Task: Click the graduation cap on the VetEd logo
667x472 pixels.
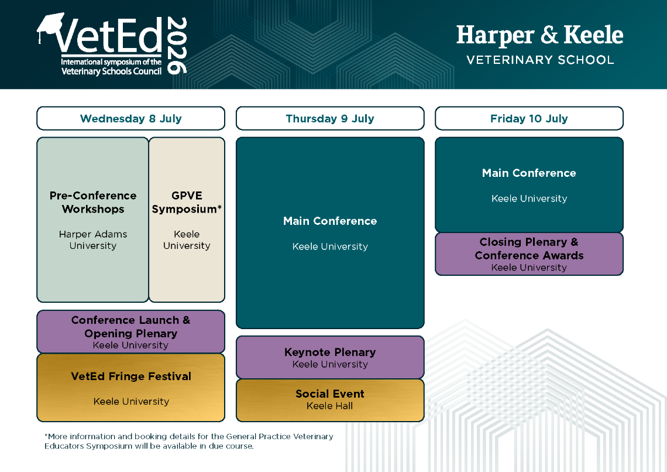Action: (50, 26)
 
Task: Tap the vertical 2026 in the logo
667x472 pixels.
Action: (177, 46)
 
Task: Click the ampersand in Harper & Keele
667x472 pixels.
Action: (549, 35)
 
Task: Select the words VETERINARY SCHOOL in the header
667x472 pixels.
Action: (540, 60)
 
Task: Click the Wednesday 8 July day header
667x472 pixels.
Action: (130, 118)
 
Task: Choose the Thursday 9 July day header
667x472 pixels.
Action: (330, 118)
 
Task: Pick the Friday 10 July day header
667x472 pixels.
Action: (529, 118)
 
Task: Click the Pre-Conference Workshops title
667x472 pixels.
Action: (92, 202)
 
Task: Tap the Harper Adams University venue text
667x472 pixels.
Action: (92, 240)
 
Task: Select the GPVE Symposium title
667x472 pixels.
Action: (187, 202)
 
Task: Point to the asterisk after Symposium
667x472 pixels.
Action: (219, 207)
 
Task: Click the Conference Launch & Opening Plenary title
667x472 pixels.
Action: (130, 326)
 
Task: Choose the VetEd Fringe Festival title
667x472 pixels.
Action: (131, 376)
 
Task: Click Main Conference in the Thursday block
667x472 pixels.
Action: (330, 221)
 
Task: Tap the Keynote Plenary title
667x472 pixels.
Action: (330, 352)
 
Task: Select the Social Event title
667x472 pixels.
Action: (330, 394)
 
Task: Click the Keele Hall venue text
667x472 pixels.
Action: (329, 406)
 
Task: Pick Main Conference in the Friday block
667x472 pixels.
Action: (529, 173)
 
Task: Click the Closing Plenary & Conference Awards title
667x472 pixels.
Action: (529, 248)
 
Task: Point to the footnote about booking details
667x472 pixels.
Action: (189, 441)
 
